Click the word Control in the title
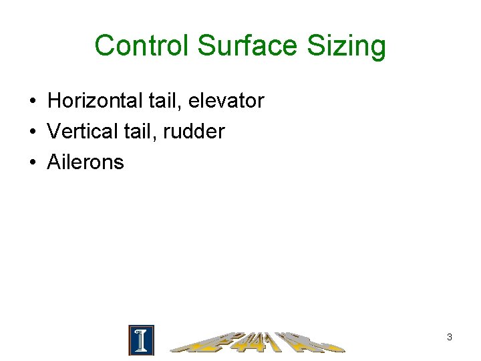(142, 46)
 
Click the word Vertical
(81, 131)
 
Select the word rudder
(192, 131)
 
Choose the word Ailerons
(86, 162)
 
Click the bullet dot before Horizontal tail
(32, 102)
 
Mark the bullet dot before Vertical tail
(32, 132)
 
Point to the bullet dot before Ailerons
(32, 162)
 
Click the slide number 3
(450, 338)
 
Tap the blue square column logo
(141, 340)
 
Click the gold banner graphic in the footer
(257, 342)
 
